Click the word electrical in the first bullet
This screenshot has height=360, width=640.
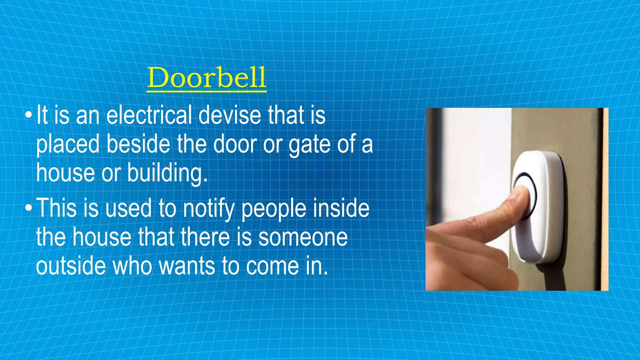pos(149,115)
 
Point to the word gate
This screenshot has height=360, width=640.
pos(309,145)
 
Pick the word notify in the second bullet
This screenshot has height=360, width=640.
pos(208,209)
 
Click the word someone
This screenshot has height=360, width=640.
pos(303,237)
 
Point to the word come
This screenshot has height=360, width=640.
pos(272,267)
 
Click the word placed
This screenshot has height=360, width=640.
pos(67,145)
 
